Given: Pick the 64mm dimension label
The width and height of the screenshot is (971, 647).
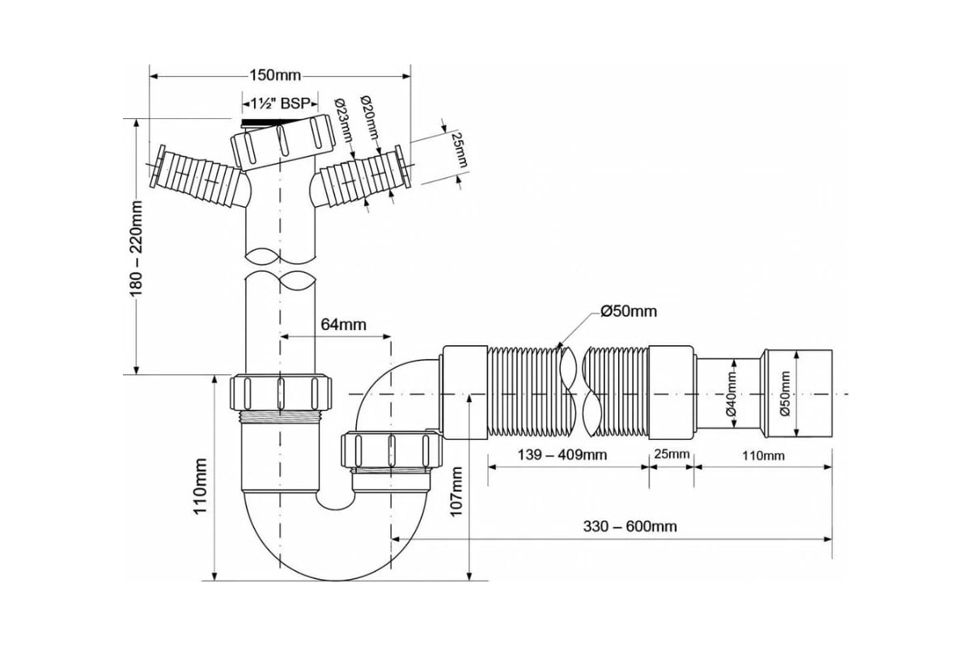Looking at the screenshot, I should (x=343, y=324).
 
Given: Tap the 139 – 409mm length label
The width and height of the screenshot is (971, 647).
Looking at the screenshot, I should (x=562, y=455).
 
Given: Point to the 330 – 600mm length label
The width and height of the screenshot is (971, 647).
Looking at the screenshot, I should (x=630, y=526).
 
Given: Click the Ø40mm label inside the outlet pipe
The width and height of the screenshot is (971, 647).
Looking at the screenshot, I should (x=731, y=393).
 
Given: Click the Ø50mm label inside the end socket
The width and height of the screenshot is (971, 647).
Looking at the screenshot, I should (x=784, y=393).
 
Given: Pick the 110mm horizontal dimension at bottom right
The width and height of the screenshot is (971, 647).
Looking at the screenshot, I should (x=761, y=455).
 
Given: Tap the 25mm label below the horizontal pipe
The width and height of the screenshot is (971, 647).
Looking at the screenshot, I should (x=672, y=454).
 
